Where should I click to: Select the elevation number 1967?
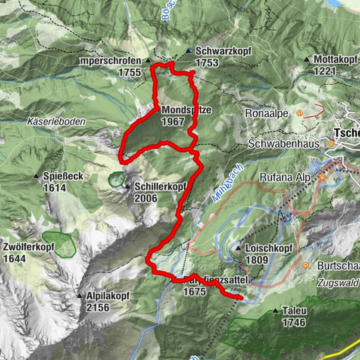[172, 121]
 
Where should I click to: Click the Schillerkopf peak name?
[160, 187]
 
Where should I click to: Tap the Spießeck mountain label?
[55, 177]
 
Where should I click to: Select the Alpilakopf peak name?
[108, 296]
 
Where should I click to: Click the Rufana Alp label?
[286, 178]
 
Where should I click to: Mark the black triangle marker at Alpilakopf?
[80, 296]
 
